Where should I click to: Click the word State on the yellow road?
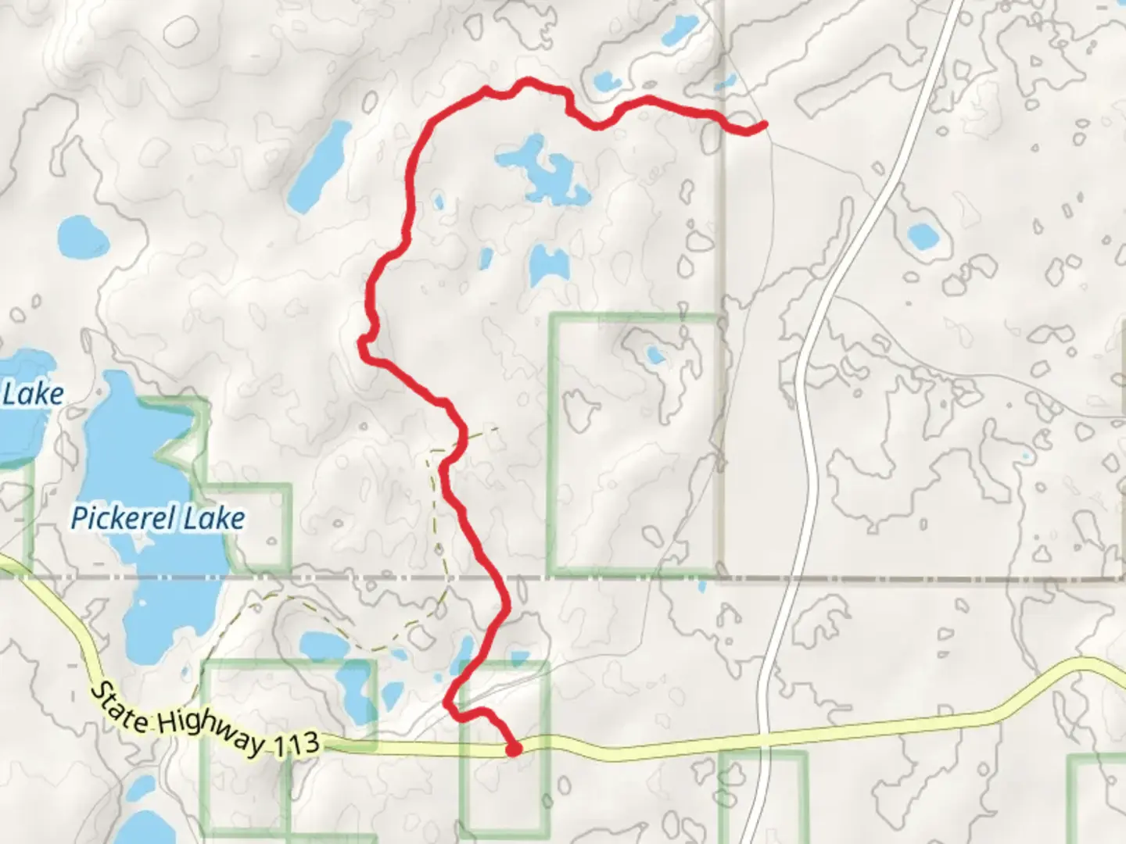click(x=120, y=706)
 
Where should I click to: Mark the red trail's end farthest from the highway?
click(x=762, y=124)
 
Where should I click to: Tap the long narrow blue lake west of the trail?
click(x=319, y=166)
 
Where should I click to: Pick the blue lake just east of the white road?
click(x=922, y=234)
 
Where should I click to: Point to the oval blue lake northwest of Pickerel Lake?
click(x=82, y=236)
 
